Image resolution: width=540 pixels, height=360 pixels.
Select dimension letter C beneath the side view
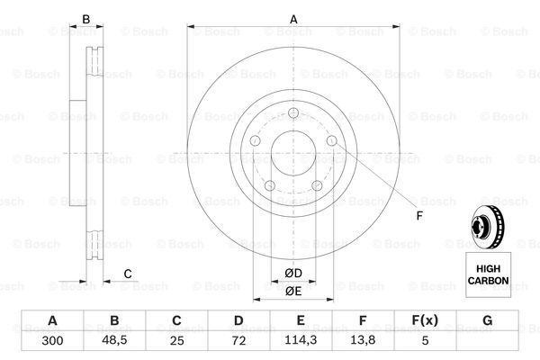coord(128,274)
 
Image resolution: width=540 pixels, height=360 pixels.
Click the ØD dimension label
coord(294,272)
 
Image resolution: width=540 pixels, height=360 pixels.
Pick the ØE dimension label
coord(294,291)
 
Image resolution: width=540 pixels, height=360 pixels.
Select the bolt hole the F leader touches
coord(332,140)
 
